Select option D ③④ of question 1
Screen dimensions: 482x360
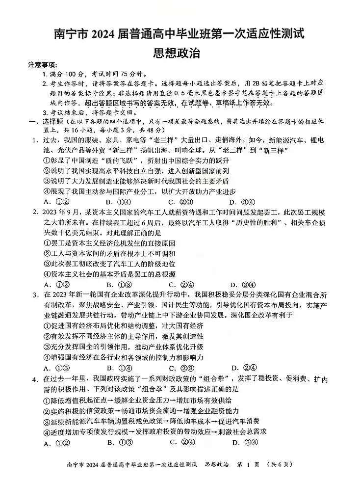[242, 202]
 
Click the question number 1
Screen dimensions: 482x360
[36, 140]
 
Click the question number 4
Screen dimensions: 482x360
[36, 379]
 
